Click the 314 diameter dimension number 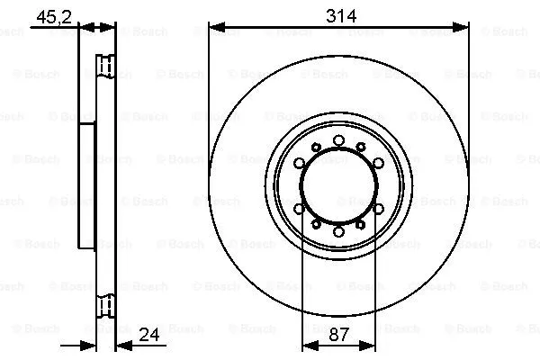pyautogui.click(x=339, y=16)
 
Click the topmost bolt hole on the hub pyautogui.click(x=338, y=139)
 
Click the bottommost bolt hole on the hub pyautogui.click(x=338, y=232)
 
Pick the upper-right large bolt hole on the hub pyautogui.click(x=378, y=163)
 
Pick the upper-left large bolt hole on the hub pyautogui.click(x=299, y=163)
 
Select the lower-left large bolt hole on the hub pyautogui.click(x=299, y=209)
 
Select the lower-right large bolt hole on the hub pyautogui.click(x=378, y=209)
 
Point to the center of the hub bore pyautogui.click(x=338, y=185)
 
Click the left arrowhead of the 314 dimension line pyautogui.click(x=214, y=28)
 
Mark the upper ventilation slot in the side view pyautogui.click(x=105, y=67)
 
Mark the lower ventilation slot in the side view pyautogui.click(x=105, y=306)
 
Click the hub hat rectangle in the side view pyautogui.click(x=87, y=186)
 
